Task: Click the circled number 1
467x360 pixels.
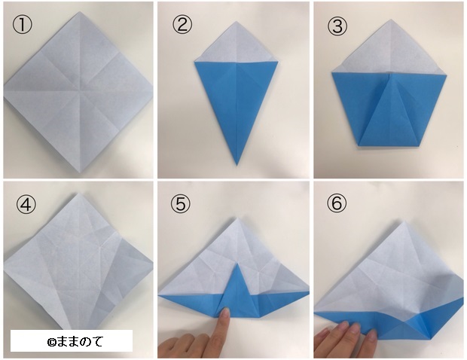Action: [x=22, y=25]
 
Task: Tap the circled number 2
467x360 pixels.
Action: [x=182, y=25]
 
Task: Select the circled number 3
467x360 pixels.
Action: [x=337, y=26]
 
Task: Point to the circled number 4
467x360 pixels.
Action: [x=26, y=204]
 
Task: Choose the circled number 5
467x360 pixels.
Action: [x=181, y=204]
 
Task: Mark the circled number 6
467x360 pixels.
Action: [x=337, y=203]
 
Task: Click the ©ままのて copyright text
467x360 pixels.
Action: [x=75, y=341]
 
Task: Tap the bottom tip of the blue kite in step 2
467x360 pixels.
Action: [x=237, y=165]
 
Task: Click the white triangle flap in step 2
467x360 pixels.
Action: [x=237, y=44]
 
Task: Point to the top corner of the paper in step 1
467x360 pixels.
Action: [x=80, y=12]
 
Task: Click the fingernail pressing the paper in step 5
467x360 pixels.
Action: [x=226, y=313]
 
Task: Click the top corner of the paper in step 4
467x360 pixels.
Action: [x=79, y=194]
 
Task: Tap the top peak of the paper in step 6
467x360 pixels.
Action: [x=404, y=221]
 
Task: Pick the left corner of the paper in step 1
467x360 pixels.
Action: [x=5, y=90]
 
